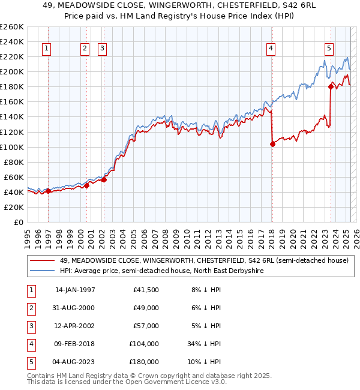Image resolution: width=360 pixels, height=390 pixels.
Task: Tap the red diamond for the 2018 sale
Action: coord(272,144)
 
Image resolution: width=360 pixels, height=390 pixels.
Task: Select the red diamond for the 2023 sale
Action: coord(331,87)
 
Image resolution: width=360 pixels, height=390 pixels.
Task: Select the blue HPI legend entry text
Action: coord(161,271)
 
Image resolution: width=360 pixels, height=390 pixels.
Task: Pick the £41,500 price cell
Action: coord(145,290)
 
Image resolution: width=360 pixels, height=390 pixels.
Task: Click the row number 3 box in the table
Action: coord(30,326)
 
